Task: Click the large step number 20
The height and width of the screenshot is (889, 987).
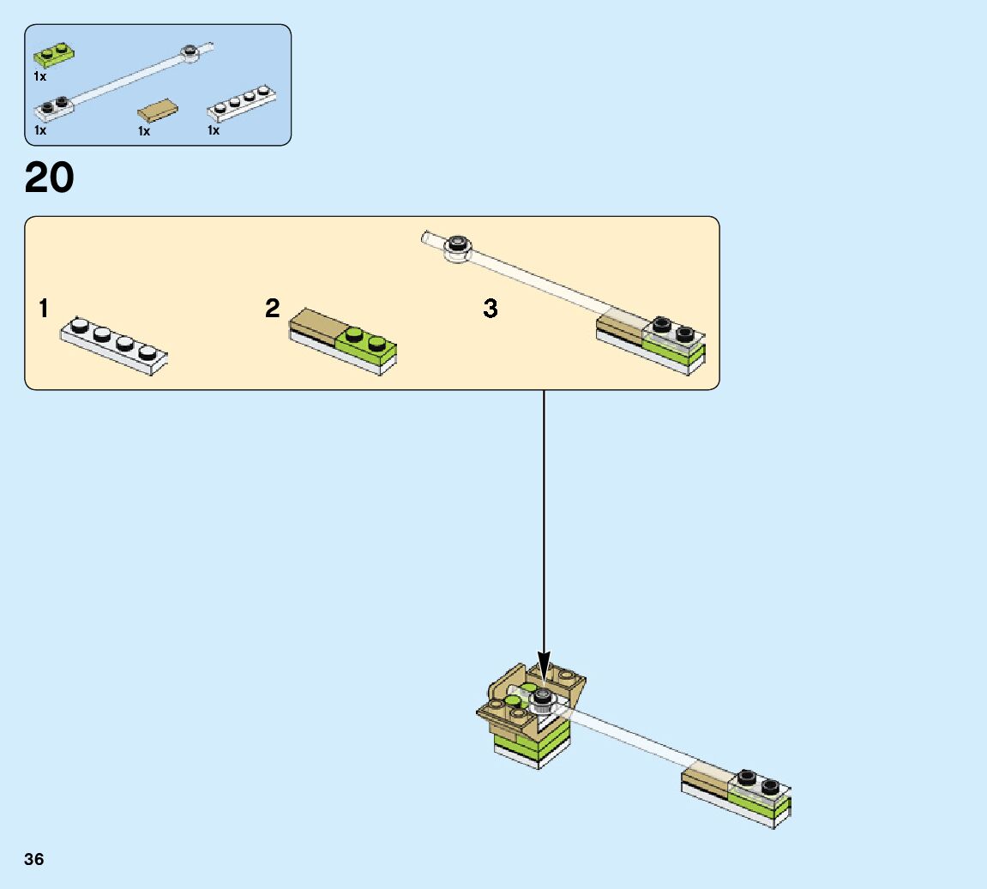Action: (50, 178)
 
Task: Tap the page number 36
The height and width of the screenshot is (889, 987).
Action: (33, 859)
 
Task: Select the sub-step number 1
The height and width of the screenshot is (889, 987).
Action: (44, 309)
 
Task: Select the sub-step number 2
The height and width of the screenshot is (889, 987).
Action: (273, 309)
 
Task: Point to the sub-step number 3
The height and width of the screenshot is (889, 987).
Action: (490, 309)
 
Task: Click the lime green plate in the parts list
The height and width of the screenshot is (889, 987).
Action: (53, 56)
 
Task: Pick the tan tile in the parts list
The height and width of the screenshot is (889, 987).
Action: (159, 111)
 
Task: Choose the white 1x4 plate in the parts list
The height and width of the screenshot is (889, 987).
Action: (244, 103)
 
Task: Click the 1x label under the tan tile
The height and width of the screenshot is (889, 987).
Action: (143, 131)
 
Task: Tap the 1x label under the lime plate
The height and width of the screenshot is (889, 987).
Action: (39, 76)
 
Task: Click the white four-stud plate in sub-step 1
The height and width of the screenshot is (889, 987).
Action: (113, 345)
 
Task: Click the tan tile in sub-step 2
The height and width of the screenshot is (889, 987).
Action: (318, 325)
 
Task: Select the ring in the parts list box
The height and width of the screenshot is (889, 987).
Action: (190, 53)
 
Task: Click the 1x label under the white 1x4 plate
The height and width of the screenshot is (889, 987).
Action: (213, 131)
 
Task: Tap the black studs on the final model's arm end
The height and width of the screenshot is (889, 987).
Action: (758, 781)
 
